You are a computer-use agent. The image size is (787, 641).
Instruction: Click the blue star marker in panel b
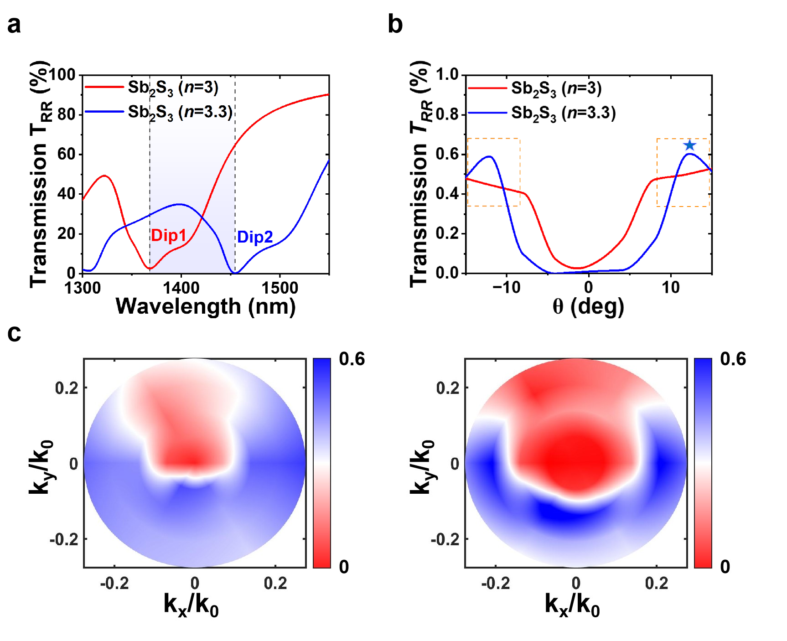689,145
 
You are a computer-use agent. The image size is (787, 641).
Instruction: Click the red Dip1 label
169,235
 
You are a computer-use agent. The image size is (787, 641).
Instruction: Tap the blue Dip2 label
255,237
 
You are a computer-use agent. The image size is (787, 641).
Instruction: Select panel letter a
14,25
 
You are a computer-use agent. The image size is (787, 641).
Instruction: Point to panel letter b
395,25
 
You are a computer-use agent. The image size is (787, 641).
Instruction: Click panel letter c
14,333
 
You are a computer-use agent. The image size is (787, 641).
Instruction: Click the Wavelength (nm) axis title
206,306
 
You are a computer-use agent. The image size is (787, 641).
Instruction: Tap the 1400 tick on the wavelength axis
181,288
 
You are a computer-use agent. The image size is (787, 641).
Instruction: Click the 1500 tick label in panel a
280,288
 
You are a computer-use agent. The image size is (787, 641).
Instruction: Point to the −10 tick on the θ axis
506,288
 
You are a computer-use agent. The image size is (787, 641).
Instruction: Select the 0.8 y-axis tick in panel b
447,114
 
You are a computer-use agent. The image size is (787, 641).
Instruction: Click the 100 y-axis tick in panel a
62,74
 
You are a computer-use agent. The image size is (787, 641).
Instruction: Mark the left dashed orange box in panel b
493,172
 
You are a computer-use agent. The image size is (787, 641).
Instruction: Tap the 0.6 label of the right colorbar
733,359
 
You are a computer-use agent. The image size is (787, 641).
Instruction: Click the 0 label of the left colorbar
344,567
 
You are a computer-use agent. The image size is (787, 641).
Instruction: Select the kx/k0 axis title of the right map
572,605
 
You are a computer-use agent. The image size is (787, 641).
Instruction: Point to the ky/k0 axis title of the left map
41,467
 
